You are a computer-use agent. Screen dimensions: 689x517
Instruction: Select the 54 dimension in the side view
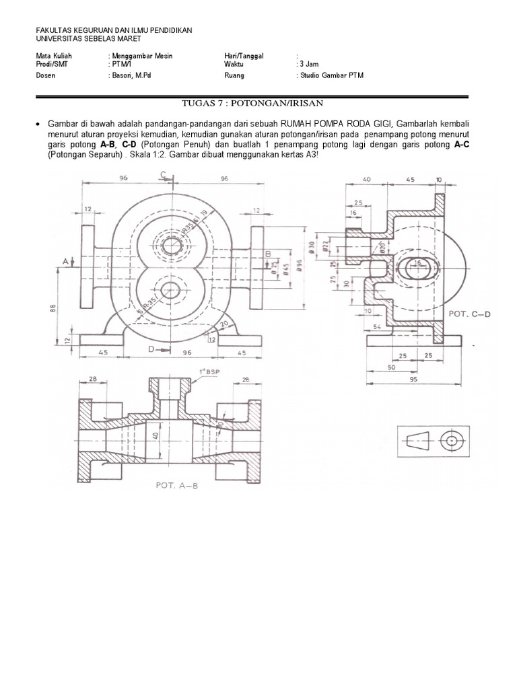[x=376, y=326]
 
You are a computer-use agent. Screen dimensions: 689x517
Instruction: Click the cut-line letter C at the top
[x=164, y=176]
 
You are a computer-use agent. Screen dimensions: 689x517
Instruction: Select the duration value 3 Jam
[x=306, y=64]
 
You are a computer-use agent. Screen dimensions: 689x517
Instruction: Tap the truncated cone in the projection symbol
[x=420, y=441]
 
